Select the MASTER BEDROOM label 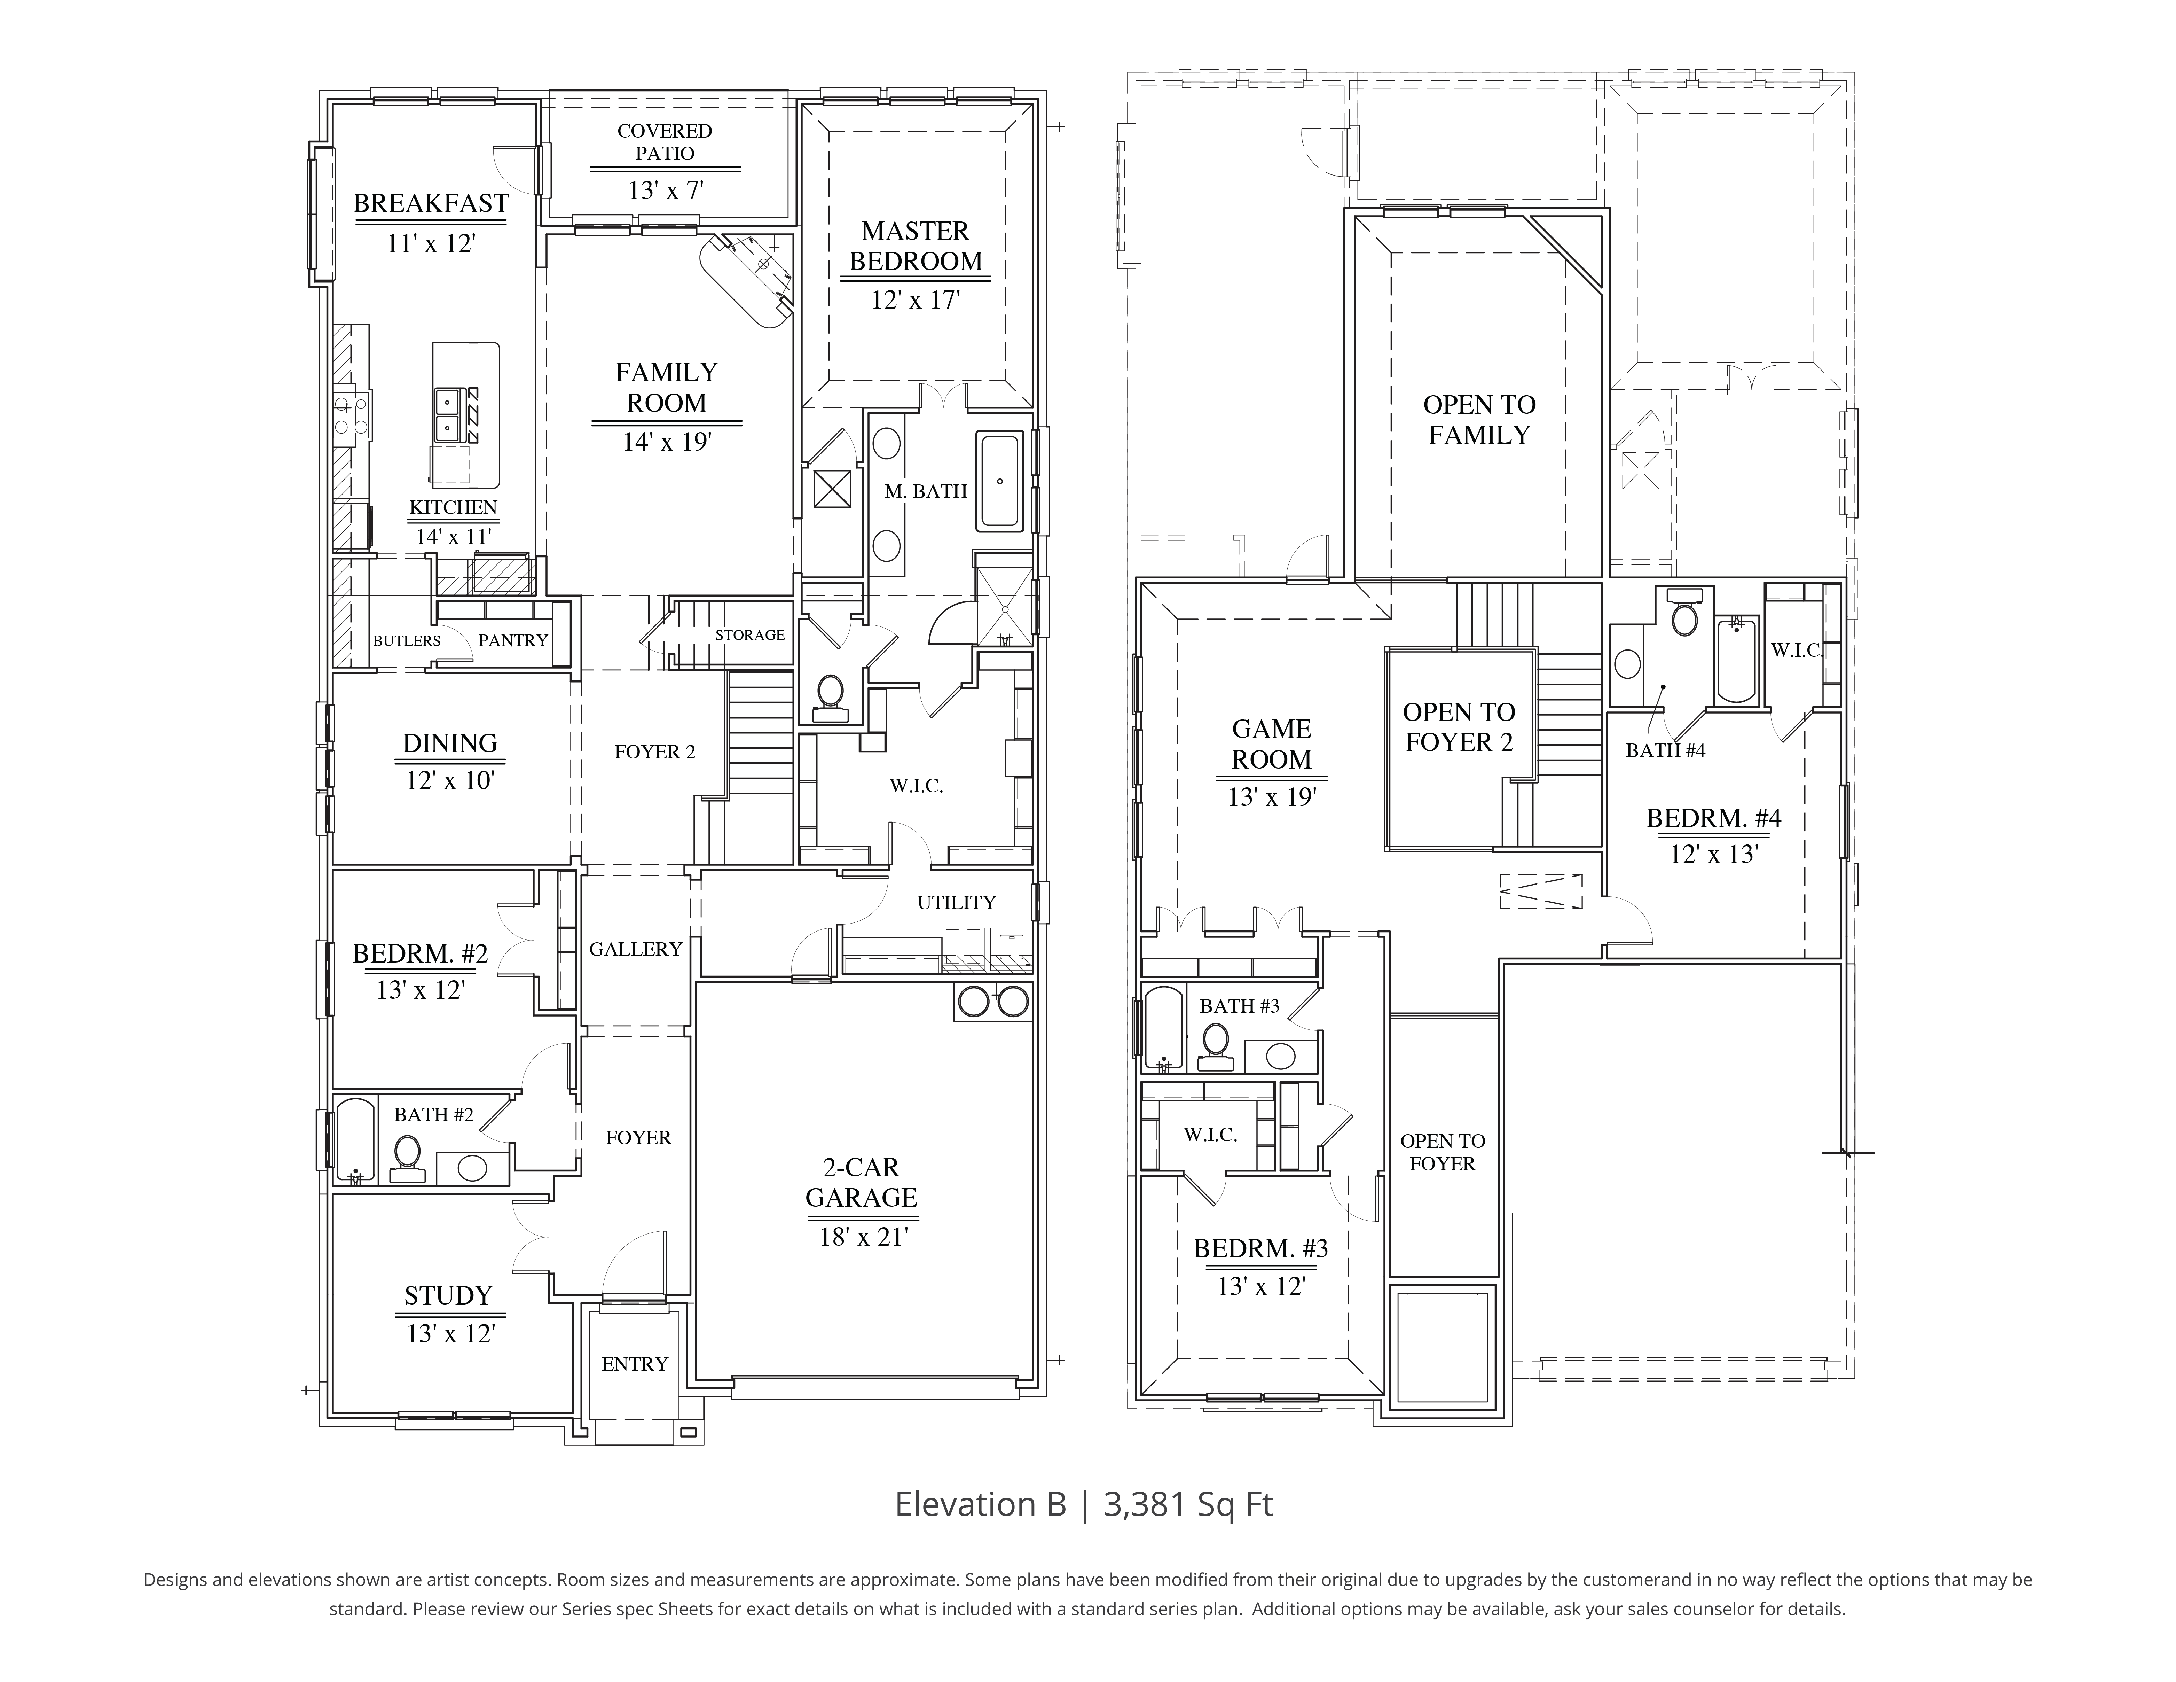coord(914,246)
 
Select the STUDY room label coord(448,1295)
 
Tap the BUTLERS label coord(407,641)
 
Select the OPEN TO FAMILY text coord(1478,420)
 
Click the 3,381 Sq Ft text coord(1188,1504)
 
